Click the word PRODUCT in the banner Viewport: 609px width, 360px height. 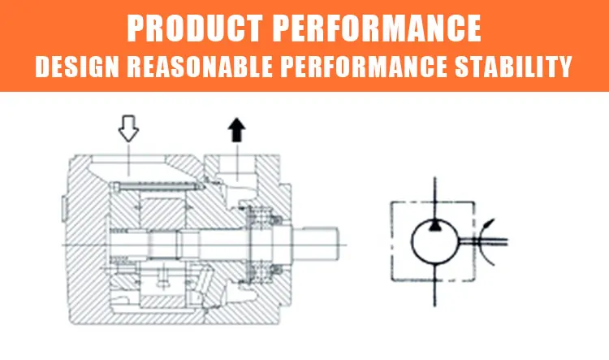195,28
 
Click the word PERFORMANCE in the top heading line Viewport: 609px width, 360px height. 377,28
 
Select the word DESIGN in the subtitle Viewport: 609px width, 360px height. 77,67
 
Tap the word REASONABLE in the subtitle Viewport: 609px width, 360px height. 200,67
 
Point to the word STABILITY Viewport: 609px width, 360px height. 513,67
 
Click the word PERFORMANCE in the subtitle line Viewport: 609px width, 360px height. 364,67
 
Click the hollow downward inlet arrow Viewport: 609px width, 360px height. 128,128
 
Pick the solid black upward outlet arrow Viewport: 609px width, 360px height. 236,130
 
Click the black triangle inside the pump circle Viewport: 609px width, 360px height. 434,225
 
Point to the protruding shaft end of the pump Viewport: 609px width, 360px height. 315,245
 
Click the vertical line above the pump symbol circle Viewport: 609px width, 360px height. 434,198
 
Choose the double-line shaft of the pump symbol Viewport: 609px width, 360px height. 484,241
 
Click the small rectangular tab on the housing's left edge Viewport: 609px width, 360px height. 64,209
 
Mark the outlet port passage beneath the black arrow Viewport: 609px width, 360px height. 237,168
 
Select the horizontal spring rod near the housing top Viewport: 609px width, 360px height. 158,188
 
